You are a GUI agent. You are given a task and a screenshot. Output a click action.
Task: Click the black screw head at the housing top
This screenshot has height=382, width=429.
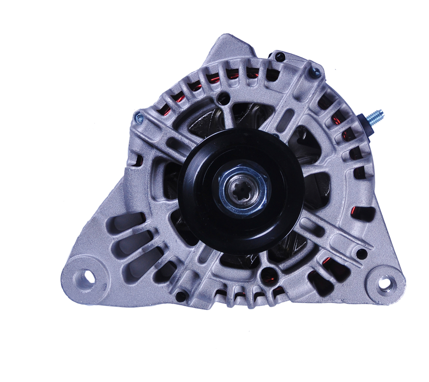(x=278, y=56)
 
